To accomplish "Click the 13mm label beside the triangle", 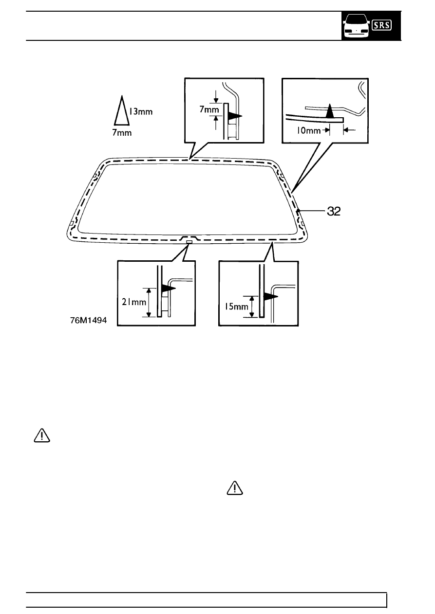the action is [x=141, y=111].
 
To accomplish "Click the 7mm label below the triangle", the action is [x=122, y=133].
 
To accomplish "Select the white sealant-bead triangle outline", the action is [x=122, y=110].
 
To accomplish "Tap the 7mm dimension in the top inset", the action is [x=209, y=109].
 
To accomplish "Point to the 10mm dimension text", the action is [x=308, y=130].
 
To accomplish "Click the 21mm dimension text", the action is [x=134, y=302].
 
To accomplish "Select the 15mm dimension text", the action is [x=236, y=307].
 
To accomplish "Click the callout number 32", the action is [x=334, y=211].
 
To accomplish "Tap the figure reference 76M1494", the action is [x=88, y=320].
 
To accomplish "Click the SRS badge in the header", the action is [x=381, y=25].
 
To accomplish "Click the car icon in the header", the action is [x=357, y=26].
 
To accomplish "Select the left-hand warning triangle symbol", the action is [x=42, y=435].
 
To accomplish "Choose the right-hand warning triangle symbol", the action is [x=235, y=488].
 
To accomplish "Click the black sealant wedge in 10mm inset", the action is [x=330, y=111].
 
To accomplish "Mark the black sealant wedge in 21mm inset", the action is [x=169, y=289].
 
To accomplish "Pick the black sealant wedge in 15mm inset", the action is [x=271, y=297].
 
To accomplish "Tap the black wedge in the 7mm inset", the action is [x=235, y=116].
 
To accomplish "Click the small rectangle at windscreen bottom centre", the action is [x=189, y=241].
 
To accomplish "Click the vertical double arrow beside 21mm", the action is [x=149, y=302].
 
